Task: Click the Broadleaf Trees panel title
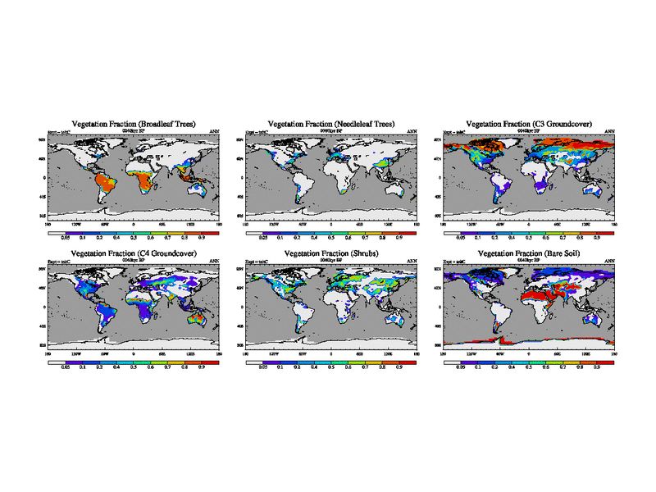[134, 123]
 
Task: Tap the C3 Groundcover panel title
[529, 123]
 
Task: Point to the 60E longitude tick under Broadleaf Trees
[162, 223]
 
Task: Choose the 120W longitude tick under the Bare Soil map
[471, 353]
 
